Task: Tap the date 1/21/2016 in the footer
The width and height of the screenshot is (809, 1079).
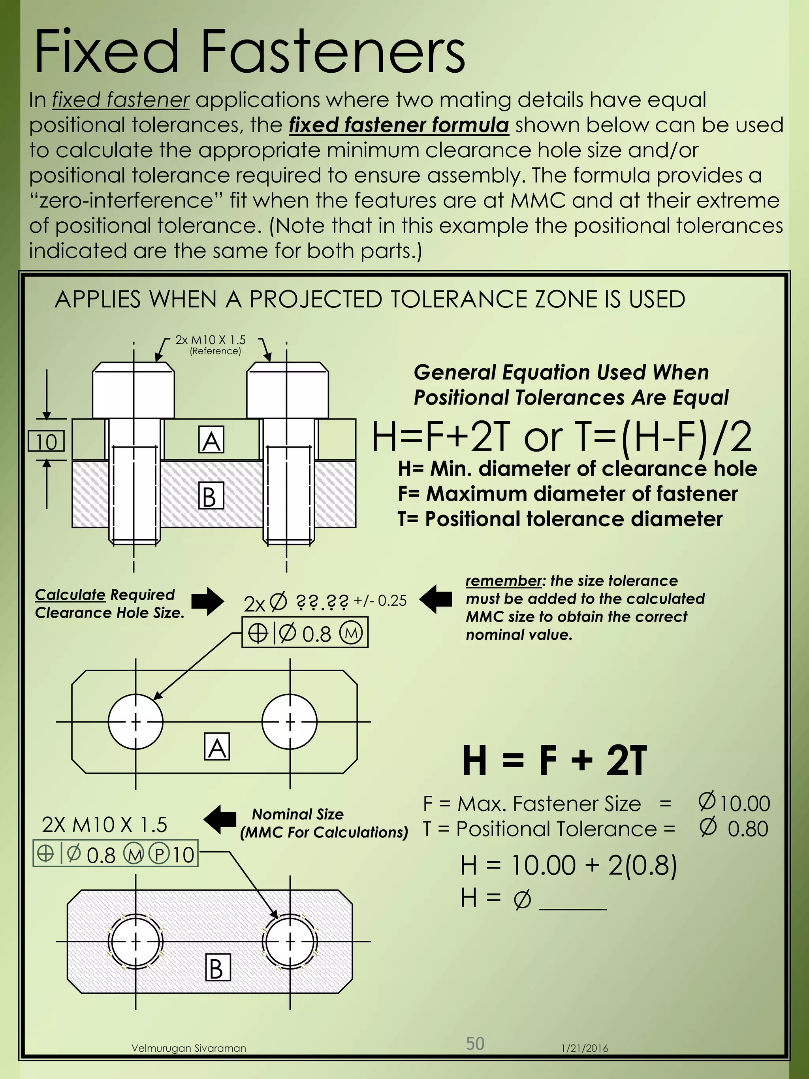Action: click(x=584, y=1048)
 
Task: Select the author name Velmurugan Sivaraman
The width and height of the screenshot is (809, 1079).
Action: click(x=189, y=1048)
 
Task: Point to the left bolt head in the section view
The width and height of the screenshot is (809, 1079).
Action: click(x=133, y=390)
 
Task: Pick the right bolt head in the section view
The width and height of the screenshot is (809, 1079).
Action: click(x=287, y=390)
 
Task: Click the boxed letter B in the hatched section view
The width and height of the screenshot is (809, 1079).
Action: click(x=211, y=496)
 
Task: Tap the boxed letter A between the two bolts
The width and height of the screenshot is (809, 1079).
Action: click(x=211, y=440)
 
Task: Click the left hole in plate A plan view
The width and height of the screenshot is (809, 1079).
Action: click(x=135, y=721)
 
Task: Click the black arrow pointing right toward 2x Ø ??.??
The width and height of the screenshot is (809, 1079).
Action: click(x=207, y=601)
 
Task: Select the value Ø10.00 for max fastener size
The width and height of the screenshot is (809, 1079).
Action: click(x=734, y=803)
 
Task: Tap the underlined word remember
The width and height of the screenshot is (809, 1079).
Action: click(x=504, y=581)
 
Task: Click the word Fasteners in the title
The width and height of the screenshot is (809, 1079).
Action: click(x=333, y=52)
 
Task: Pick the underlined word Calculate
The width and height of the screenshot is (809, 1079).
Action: click(x=70, y=595)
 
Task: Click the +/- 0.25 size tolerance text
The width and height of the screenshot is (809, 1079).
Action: click(x=380, y=601)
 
